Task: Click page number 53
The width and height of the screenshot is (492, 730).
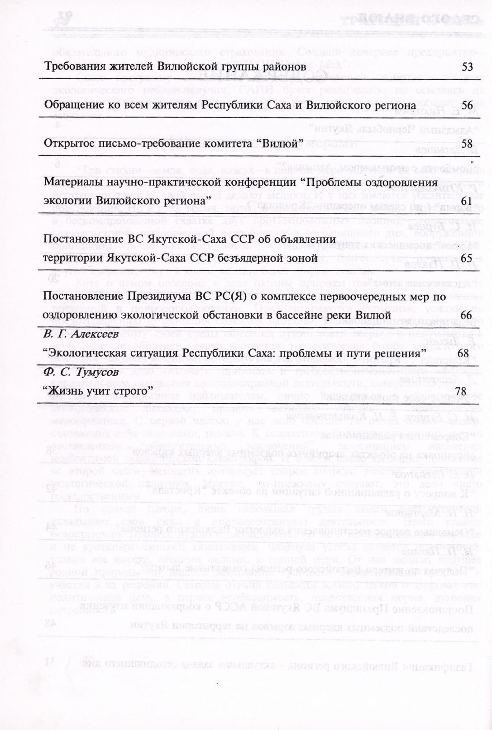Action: coord(468,67)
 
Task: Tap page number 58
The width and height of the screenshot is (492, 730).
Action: coord(468,144)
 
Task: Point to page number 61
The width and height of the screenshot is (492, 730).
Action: coord(468,200)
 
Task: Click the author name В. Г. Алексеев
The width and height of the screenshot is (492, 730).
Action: coord(81,334)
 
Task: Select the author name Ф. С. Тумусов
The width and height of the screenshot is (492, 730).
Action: coord(81,372)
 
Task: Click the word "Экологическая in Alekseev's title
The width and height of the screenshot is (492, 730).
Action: coord(85,353)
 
